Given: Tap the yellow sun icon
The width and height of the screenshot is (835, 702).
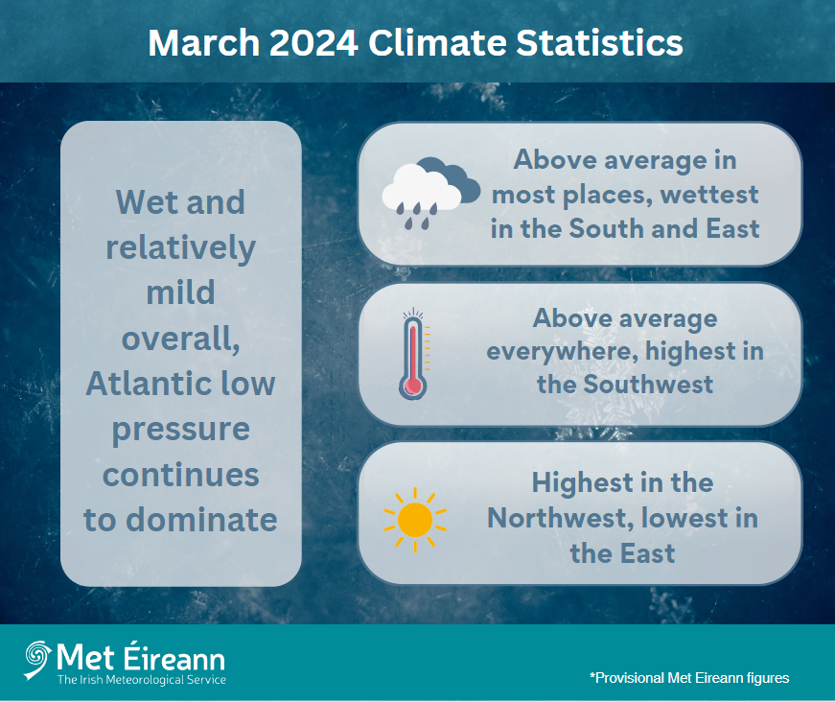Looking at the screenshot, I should tap(415, 518).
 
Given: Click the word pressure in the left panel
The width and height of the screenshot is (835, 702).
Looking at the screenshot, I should tap(180, 429).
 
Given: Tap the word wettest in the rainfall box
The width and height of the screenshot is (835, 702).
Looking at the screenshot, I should tap(707, 195).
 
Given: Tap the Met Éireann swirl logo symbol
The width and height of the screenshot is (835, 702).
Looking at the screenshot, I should tap(38, 657).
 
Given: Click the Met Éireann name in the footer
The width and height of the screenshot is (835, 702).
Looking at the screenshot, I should tap(141, 657).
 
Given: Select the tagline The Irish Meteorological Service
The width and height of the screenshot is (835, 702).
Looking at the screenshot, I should tap(141, 680).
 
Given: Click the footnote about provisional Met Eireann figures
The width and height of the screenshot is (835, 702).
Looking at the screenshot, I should tap(689, 678).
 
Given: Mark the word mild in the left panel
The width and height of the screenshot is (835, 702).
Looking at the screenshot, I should tap(180, 292).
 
